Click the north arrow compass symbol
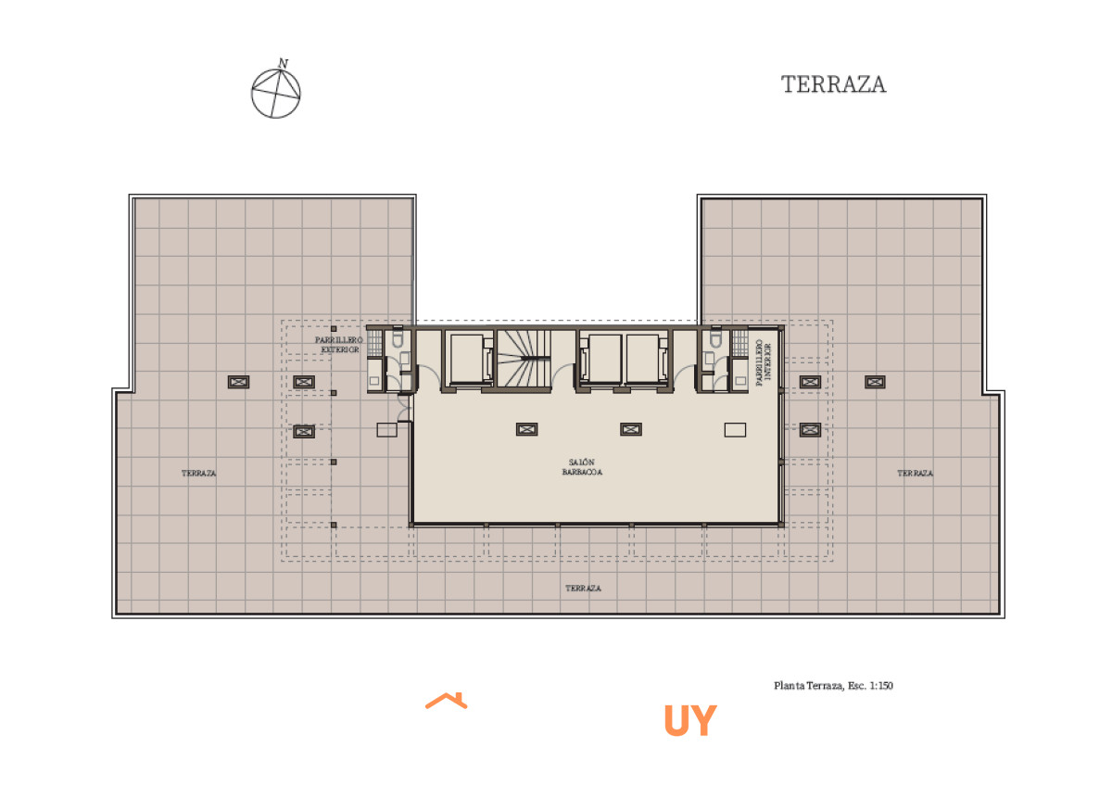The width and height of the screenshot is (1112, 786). coord(276,91)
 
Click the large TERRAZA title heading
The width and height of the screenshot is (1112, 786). coord(833,84)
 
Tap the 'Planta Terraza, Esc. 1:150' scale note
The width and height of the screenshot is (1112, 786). coord(833,686)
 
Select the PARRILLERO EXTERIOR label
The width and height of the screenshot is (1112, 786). coord(339,345)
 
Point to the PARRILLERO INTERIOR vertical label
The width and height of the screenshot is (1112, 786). coord(764,362)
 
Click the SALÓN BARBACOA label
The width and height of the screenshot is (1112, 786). coord(582,467)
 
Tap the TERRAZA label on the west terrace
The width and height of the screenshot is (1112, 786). coord(198,474)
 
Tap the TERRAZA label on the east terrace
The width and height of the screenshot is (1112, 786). coord(915,474)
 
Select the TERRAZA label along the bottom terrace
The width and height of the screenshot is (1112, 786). coord(583,589)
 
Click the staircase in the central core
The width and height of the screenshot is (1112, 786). coord(524,359)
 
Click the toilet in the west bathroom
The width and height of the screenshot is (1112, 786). coord(398,337)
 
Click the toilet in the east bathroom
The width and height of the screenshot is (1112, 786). coord(715,337)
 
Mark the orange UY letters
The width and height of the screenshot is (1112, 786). coord(690,720)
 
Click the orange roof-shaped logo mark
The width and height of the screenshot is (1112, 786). coord(447,701)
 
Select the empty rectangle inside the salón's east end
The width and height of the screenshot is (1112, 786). coord(735,430)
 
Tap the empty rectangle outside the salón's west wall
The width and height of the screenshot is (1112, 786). coord(386,430)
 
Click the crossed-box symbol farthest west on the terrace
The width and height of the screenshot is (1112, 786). coord(238,382)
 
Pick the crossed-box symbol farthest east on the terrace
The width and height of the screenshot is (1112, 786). coord(875,382)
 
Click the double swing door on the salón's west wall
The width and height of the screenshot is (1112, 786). coord(405,408)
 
